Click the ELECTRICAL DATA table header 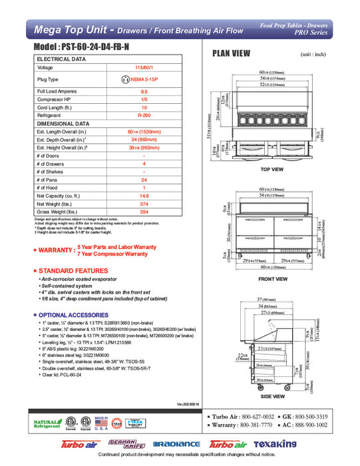61,59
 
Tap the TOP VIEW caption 272,170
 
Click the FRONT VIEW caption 272,279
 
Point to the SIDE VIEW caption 272,395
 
